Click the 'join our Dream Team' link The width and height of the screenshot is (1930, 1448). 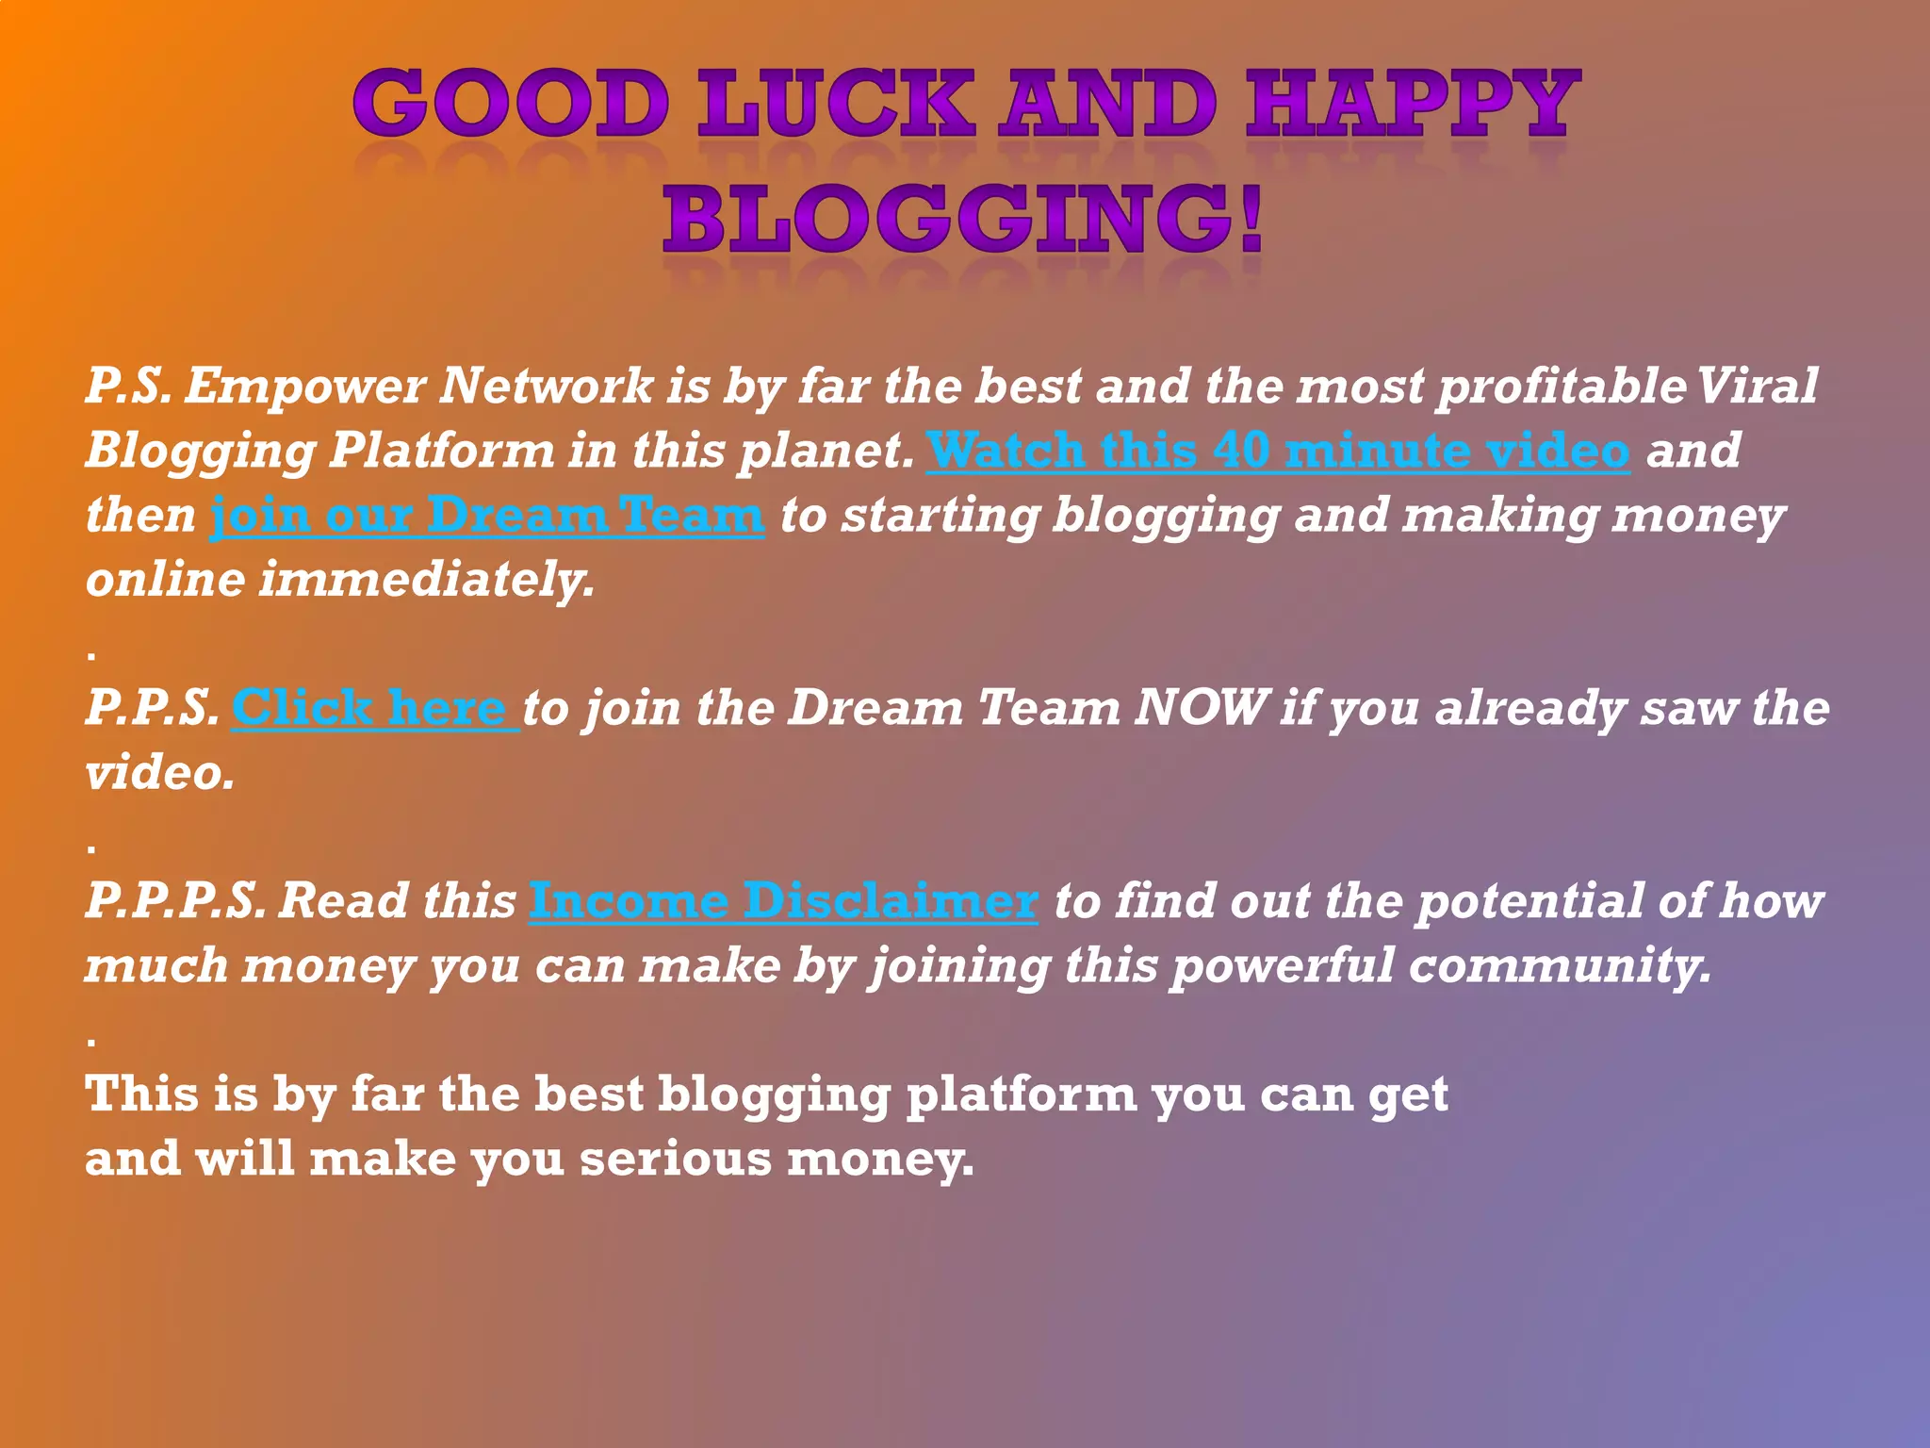click(x=486, y=515)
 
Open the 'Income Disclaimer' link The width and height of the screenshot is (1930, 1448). click(x=783, y=900)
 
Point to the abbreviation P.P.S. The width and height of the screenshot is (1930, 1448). click(x=153, y=707)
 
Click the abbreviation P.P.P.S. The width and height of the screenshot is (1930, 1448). click(x=174, y=900)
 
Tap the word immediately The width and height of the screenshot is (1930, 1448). click(x=427, y=579)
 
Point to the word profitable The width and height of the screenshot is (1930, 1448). click(x=1562, y=387)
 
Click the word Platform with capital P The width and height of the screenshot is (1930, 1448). click(x=441, y=451)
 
